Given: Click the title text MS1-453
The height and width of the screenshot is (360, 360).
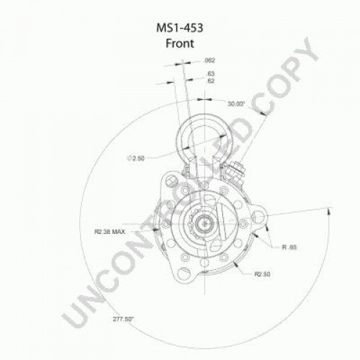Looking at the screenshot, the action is click(x=180, y=28).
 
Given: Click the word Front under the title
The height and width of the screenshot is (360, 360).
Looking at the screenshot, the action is click(x=180, y=43).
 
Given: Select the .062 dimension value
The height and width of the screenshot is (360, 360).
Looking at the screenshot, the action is click(x=210, y=60).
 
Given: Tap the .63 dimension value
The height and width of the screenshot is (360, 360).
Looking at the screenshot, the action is click(x=210, y=73).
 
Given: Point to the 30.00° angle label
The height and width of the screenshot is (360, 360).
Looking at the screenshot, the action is click(x=235, y=104).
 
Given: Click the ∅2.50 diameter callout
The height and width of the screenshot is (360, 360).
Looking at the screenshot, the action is click(x=135, y=158).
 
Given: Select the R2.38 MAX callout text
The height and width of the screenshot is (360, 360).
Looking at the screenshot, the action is click(x=109, y=232).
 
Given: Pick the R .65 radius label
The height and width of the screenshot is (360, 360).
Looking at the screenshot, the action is click(x=289, y=247).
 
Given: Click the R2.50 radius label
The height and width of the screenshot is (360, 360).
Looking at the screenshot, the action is click(x=262, y=274).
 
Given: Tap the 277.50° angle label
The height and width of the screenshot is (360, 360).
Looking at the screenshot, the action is click(x=123, y=320).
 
